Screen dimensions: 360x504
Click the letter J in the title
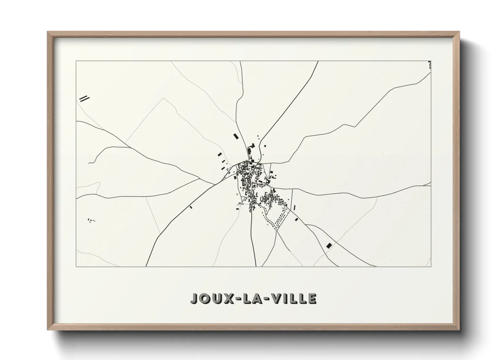[194, 298]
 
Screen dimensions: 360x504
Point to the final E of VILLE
[312, 298]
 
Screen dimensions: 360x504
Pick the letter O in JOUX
[205, 298]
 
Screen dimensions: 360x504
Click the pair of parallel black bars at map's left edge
[84, 99]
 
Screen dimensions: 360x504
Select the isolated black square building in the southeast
[329, 245]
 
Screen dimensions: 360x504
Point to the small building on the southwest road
[191, 207]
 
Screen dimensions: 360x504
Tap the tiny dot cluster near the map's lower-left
[91, 220]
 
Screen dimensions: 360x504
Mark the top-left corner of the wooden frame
[48, 32]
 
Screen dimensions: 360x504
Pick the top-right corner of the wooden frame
[459, 32]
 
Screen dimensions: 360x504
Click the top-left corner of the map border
[76, 61]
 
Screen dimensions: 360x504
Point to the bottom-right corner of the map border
[431, 266]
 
